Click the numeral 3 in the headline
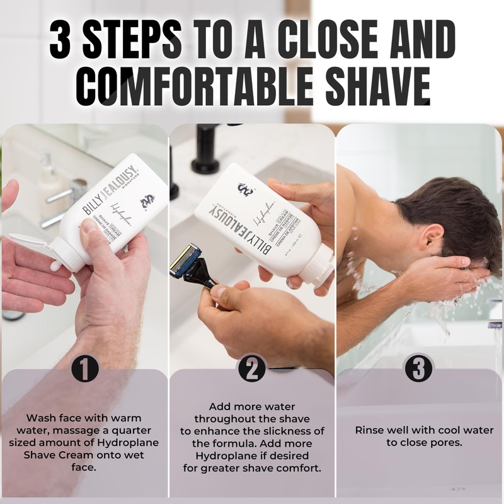coord(68,39)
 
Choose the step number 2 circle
coord(251,369)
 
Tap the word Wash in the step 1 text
coord(39,418)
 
